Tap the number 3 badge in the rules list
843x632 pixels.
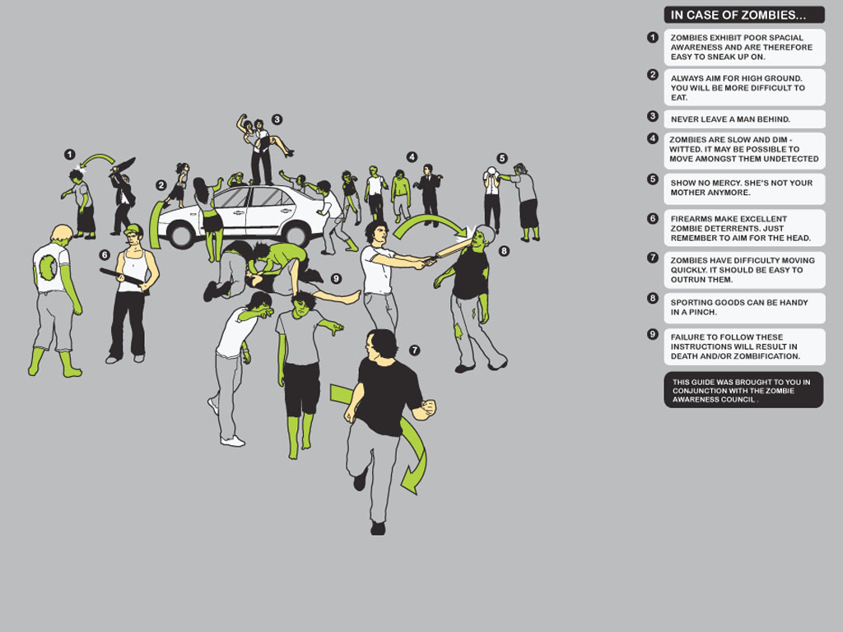pyautogui.click(x=653, y=117)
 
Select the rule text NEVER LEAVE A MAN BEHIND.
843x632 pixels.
pyautogui.click(x=730, y=119)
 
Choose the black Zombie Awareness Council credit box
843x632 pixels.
pyautogui.click(x=743, y=390)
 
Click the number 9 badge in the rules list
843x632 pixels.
pyautogui.click(x=653, y=335)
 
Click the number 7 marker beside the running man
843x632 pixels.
pyautogui.click(x=414, y=350)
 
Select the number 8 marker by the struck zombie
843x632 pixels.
pyautogui.click(x=504, y=250)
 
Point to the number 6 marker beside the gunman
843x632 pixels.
pyautogui.click(x=105, y=255)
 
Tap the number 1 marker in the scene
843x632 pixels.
pyautogui.click(x=69, y=154)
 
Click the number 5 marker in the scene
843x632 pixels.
pyautogui.click(x=502, y=158)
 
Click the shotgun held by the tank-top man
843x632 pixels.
pyautogui.click(x=123, y=277)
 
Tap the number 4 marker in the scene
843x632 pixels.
pyautogui.click(x=412, y=156)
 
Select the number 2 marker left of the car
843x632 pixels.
pyautogui.click(x=161, y=185)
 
